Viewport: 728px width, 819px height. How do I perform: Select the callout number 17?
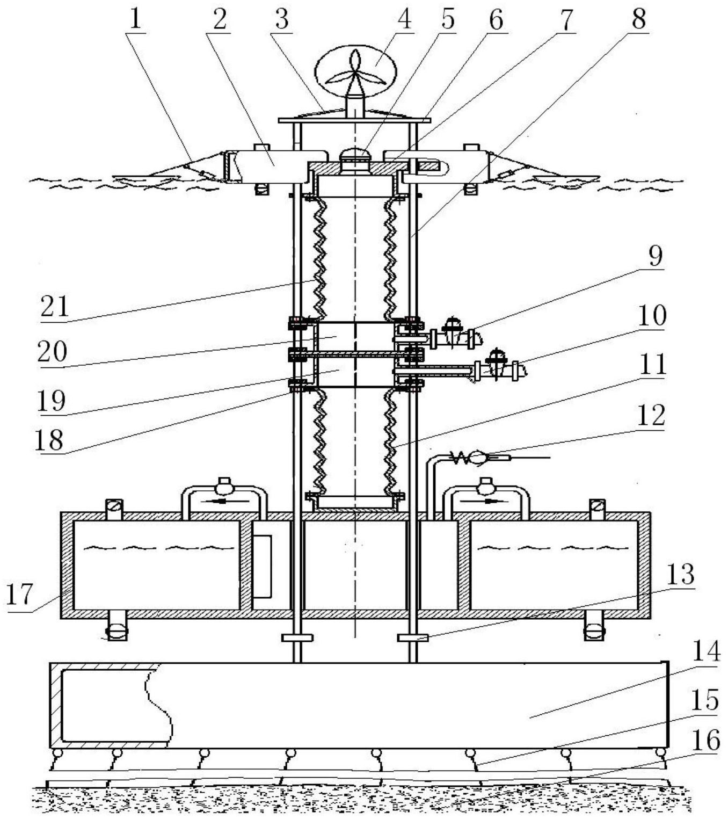pos(19,593)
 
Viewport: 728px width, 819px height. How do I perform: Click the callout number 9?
pos(655,256)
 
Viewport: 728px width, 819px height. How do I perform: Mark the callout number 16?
pos(706,740)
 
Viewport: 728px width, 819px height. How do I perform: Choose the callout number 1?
pos(135,19)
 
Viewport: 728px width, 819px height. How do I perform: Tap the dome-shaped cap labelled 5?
pos(354,155)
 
